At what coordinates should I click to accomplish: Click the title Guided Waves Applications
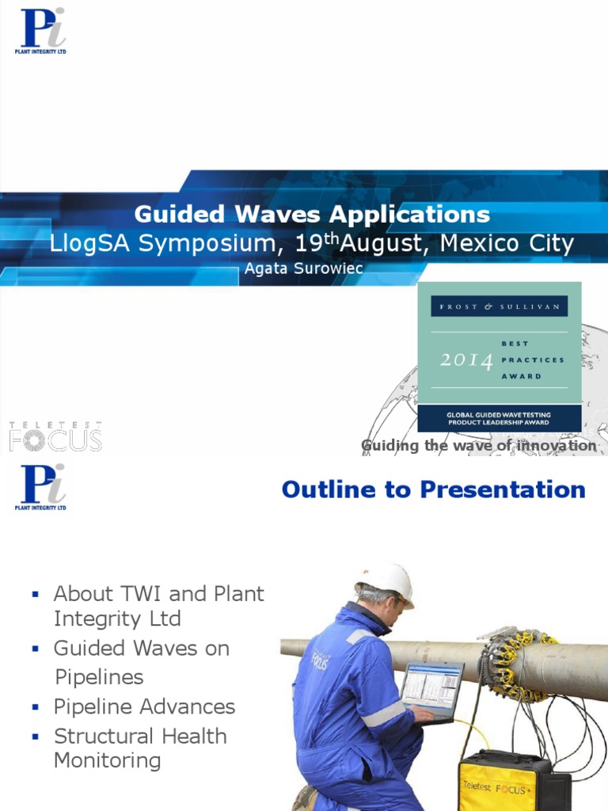pyautogui.click(x=312, y=214)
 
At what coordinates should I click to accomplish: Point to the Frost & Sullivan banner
pyautogui.click(x=499, y=307)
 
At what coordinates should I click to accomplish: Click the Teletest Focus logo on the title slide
pyautogui.click(x=55, y=436)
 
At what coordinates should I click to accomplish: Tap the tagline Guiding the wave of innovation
pyautogui.click(x=478, y=446)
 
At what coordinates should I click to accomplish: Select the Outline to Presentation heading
pyautogui.click(x=433, y=489)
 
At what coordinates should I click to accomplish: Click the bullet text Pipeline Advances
pyautogui.click(x=144, y=706)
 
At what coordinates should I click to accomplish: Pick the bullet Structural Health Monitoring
pyautogui.click(x=140, y=748)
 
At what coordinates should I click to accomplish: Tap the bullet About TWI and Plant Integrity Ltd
pyautogui.click(x=158, y=606)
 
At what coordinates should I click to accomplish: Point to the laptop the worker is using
pyautogui.click(x=431, y=688)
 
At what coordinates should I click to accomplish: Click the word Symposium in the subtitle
pyautogui.click(x=188, y=243)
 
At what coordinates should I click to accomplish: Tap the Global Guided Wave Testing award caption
pyautogui.click(x=499, y=418)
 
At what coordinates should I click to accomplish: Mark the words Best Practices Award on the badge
pyautogui.click(x=532, y=360)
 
